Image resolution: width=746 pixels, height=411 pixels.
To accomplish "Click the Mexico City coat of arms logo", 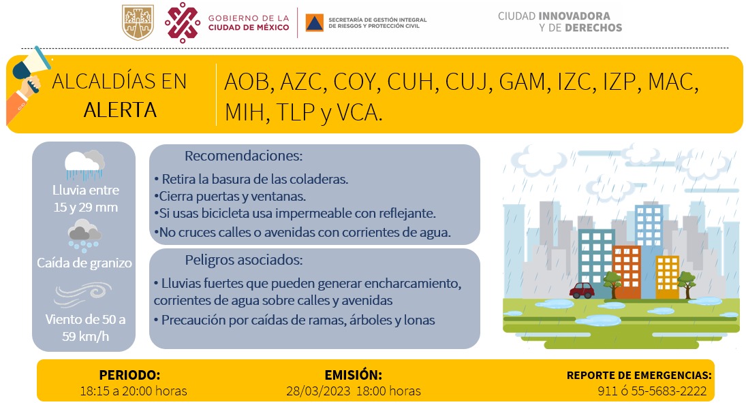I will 138,22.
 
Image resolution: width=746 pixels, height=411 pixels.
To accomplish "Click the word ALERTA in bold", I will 120,110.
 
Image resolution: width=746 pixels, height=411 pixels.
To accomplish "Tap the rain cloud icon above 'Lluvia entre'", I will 84,165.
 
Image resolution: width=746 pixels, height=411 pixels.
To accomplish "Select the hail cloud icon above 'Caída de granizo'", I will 84,235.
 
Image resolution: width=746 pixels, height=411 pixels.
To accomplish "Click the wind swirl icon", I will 83,295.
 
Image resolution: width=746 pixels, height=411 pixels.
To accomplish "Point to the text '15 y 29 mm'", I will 85,207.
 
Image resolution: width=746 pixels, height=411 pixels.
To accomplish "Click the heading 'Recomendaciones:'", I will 243,156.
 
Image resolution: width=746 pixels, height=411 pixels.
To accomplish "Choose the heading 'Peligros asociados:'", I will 244,260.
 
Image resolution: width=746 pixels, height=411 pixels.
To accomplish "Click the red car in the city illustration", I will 582,291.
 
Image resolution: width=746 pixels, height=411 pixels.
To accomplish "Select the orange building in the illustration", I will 626,272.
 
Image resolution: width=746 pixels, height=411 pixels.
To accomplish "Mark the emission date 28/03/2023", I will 318,391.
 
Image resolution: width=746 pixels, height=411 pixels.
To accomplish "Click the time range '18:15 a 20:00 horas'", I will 134,391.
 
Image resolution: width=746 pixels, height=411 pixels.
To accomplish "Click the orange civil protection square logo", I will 314,22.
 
